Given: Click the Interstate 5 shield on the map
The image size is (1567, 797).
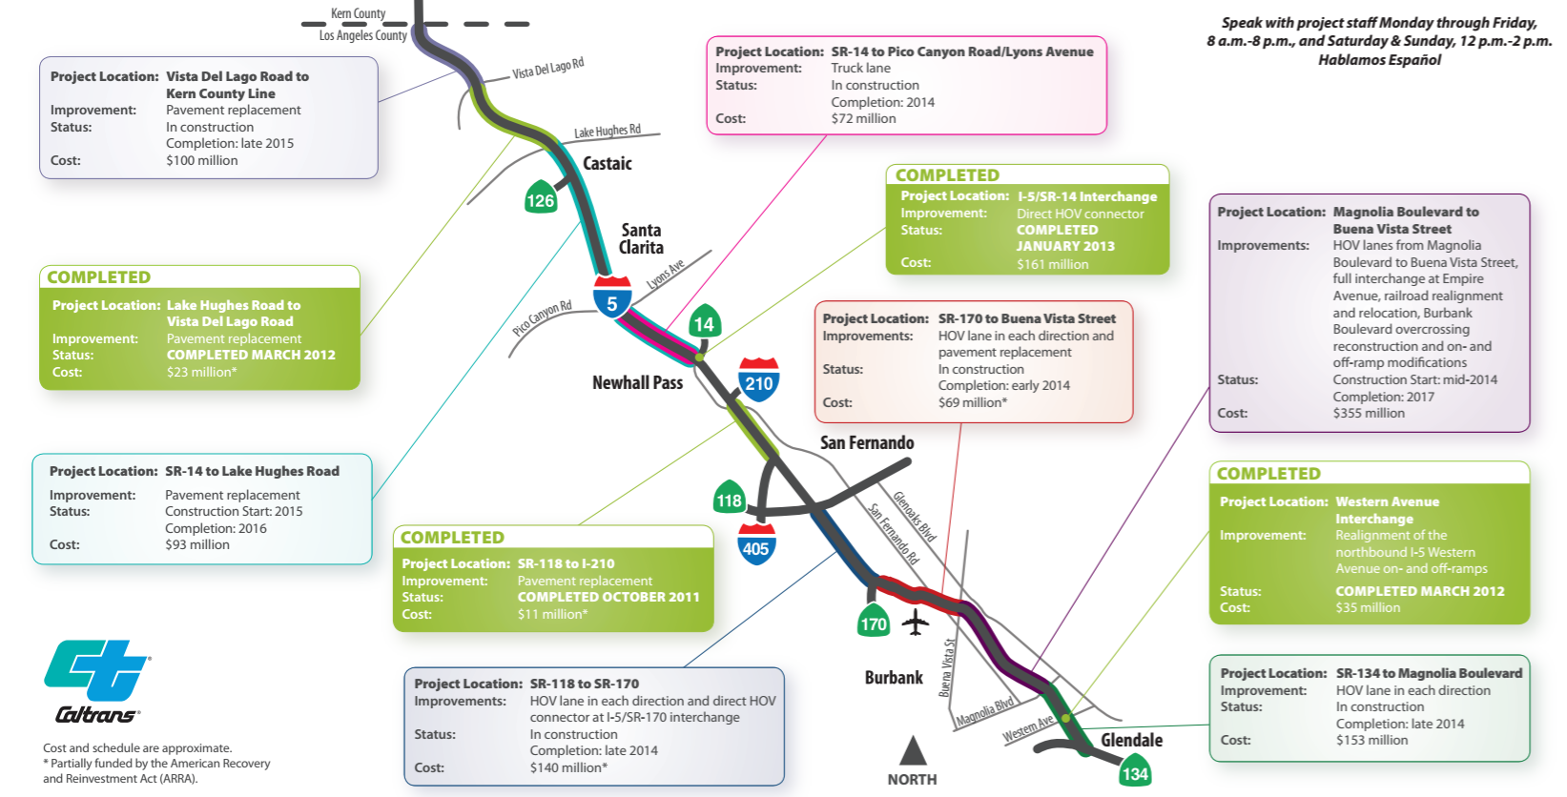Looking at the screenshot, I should click(611, 297).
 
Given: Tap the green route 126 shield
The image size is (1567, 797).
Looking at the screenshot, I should click(540, 197).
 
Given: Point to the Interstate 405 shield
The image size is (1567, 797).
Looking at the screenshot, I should click(755, 544).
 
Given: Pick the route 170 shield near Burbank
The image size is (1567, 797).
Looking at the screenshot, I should click(873, 622).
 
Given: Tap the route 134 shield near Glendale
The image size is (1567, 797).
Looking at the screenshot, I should click(1134, 771).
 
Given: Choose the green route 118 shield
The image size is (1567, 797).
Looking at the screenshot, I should click(729, 498).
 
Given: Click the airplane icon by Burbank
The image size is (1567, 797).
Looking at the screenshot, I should click(916, 622).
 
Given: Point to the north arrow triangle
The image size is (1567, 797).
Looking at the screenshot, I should click(913, 750).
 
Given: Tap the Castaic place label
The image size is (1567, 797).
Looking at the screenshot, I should click(608, 164).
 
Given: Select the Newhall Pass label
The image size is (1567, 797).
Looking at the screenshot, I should click(637, 383).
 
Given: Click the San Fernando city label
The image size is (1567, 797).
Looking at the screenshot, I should click(867, 442).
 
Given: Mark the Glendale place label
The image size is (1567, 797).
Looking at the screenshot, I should click(1131, 740).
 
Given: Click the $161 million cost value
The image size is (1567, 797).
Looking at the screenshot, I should click(1052, 264).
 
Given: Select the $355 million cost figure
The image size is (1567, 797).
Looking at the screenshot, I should click(1369, 413).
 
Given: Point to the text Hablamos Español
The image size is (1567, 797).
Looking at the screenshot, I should click(1379, 60).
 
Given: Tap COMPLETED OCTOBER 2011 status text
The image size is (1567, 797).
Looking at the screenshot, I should click(608, 597).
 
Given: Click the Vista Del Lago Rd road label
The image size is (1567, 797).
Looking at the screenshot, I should click(547, 70).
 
